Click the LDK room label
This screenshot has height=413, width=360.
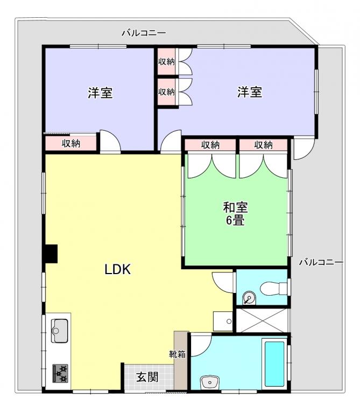[x=117, y=269]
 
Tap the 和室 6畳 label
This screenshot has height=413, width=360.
[x=235, y=213]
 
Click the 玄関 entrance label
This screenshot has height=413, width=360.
[x=147, y=377]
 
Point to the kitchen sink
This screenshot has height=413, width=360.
[x=59, y=331]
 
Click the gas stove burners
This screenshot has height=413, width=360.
[x=60, y=373]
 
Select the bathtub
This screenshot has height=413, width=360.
[x=274, y=364]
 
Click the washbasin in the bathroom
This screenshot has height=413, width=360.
[x=210, y=382]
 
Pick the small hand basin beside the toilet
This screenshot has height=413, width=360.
[x=249, y=298]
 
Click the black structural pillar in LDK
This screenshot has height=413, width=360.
[x=51, y=254]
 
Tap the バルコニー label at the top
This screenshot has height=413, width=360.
[x=144, y=33]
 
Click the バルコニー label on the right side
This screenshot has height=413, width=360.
[x=321, y=262]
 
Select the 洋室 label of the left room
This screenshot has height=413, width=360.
[x=100, y=93]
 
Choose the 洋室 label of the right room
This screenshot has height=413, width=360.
[x=250, y=92]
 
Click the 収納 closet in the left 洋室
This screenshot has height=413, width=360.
[x=71, y=143]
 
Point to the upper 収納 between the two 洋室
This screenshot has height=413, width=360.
[x=166, y=61]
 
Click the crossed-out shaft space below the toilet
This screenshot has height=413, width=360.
[x=262, y=320]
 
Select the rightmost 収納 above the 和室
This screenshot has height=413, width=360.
[x=263, y=145]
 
